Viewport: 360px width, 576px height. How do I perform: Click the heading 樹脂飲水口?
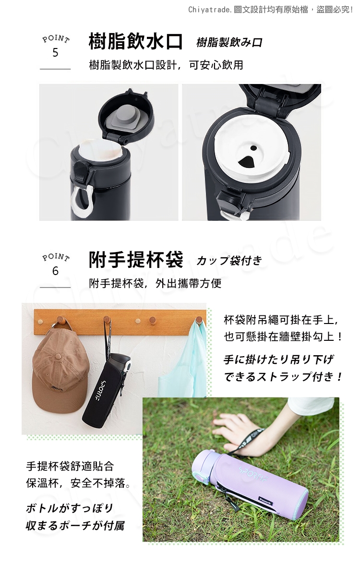(x=135, y=41)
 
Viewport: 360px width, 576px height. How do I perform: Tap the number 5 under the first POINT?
(x=55, y=52)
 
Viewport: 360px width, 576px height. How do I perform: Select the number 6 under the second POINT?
(x=55, y=271)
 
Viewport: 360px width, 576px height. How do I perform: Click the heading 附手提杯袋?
(x=135, y=260)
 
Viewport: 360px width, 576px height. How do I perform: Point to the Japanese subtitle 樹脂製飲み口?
(x=229, y=43)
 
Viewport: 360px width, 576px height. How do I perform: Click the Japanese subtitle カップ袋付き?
(x=229, y=261)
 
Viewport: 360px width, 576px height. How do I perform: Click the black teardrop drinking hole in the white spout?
(x=246, y=161)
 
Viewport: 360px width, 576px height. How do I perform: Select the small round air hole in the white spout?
(x=253, y=148)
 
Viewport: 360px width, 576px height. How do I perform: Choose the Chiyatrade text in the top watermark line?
(x=210, y=10)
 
